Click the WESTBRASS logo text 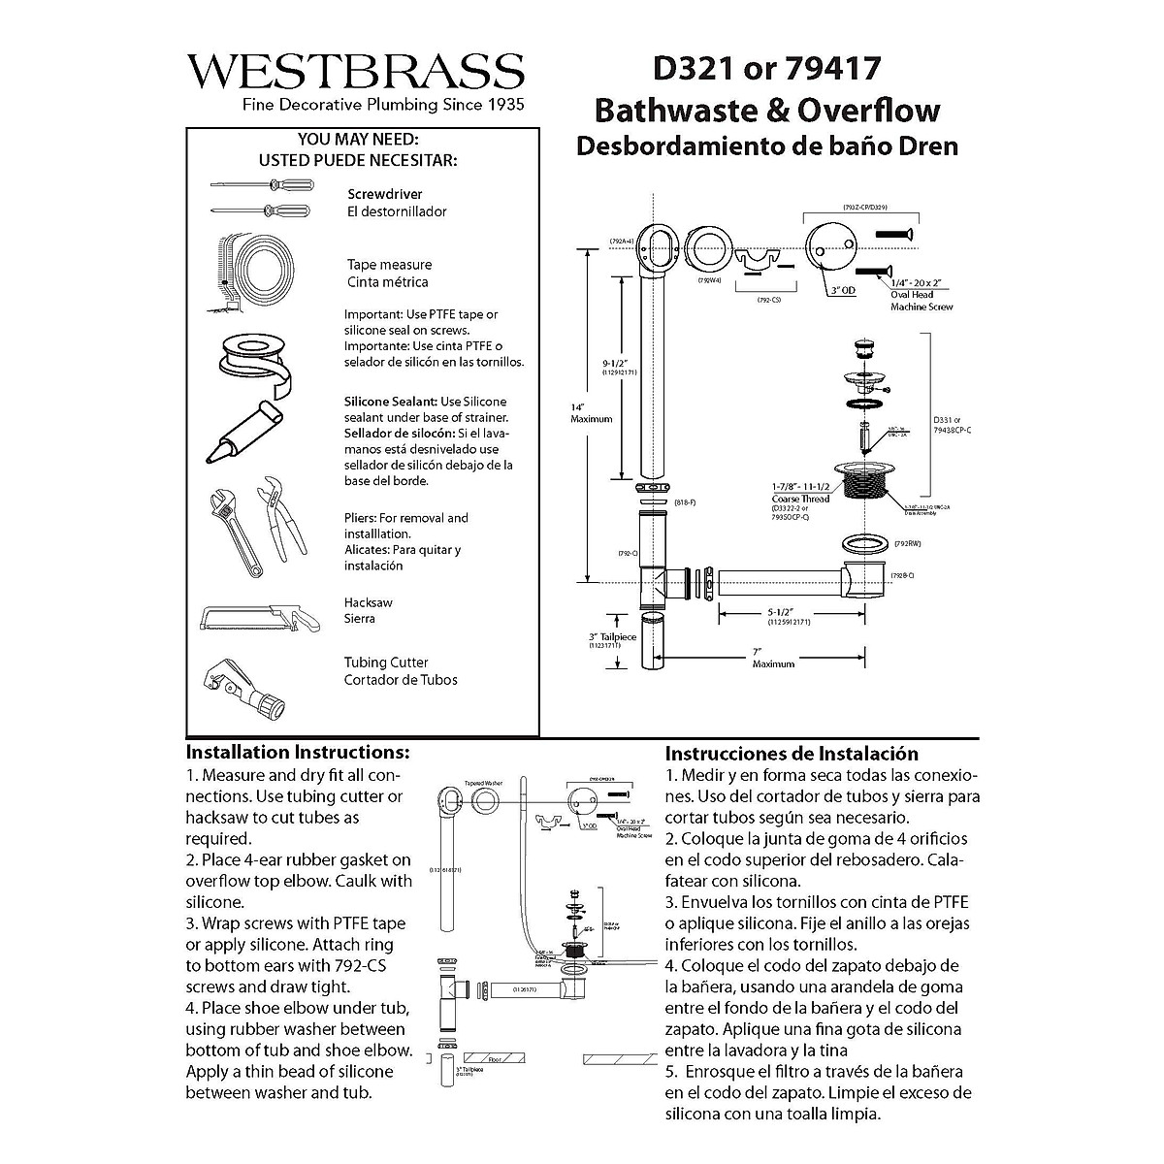355,71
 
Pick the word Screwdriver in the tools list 385,194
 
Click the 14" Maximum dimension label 592,412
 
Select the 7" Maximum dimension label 773,657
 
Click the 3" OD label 841,290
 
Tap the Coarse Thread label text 800,499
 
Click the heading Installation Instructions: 298,753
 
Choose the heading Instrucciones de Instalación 792,754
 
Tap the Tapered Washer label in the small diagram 482,782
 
